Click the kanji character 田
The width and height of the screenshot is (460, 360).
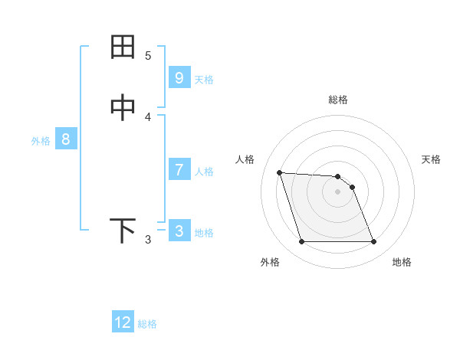(x=123, y=47)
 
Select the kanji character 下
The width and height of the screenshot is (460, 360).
(x=123, y=231)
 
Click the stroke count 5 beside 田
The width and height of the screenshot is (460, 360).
(x=148, y=55)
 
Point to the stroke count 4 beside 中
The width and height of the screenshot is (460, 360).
(x=148, y=117)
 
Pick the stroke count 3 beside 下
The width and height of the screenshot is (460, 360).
(x=148, y=240)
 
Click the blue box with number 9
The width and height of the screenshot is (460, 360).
(x=179, y=77)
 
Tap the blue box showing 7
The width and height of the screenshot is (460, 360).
(x=179, y=169)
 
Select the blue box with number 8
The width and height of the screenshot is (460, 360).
(x=66, y=139)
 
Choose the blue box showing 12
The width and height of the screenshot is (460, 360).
(x=123, y=322)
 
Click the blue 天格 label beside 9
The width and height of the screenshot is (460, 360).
(x=204, y=79)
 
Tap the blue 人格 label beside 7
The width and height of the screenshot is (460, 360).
(x=204, y=171)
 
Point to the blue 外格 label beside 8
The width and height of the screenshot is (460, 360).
(x=40, y=141)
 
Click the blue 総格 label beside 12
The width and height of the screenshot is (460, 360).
(x=147, y=324)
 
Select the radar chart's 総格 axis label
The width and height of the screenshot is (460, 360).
(x=337, y=100)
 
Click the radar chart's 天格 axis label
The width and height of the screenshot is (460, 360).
(x=431, y=159)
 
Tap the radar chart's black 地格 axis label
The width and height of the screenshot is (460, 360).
(x=402, y=262)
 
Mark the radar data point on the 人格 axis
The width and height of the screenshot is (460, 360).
(x=279, y=172)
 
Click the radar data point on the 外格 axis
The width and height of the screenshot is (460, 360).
(x=301, y=242)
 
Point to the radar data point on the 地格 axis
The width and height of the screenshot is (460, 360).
(x=373, y=242)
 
